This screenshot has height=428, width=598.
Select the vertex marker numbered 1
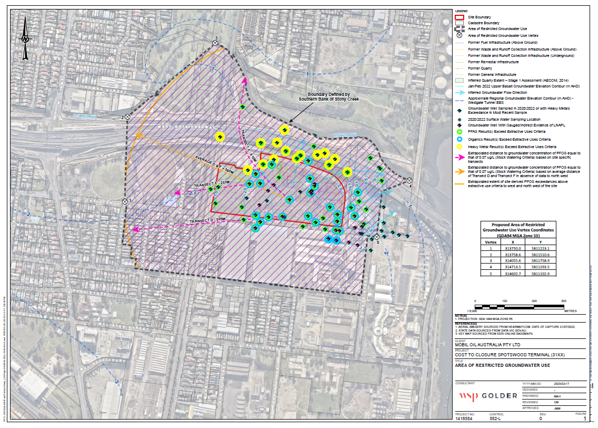point(125,201)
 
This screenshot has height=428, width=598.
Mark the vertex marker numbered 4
point(409,180)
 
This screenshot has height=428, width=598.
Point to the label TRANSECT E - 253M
point(210,183)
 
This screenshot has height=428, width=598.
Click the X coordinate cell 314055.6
point(513,261)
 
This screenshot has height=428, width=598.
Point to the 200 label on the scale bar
point(534,300)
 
